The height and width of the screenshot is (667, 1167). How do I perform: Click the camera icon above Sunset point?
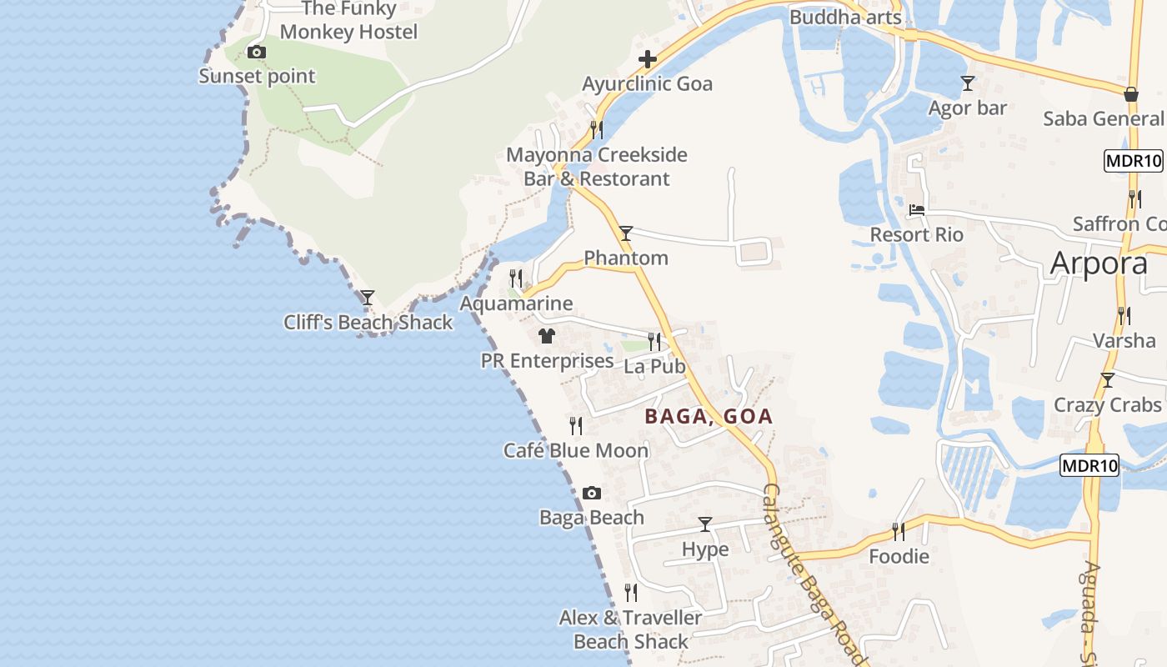pos(257,53)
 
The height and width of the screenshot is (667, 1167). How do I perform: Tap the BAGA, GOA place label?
pos(709,416)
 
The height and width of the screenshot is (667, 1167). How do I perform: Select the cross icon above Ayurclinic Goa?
pos(647,59)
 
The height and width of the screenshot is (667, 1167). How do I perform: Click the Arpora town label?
pos(1099,263)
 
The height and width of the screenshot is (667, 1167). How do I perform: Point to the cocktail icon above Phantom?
pos(625,233)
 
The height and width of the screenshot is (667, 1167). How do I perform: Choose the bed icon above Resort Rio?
pos(917,210)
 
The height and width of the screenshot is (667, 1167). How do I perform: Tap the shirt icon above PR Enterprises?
pos(546,336)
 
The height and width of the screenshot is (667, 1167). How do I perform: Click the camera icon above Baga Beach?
pos(591,493)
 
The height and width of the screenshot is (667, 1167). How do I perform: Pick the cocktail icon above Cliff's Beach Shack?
pos(367,298)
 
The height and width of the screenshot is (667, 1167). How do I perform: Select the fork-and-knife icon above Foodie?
pos(898,531)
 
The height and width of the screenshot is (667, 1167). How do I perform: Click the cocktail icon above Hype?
pos(705,524)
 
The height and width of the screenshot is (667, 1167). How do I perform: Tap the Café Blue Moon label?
pos(575,450)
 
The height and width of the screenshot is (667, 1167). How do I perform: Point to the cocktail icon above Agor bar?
pos(967,83)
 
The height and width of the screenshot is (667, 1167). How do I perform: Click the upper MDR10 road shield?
pos(1133,161)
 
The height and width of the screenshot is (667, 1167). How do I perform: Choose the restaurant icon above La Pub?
pos(654,341)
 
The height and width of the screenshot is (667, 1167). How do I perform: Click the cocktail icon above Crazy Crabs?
pos(1107,380)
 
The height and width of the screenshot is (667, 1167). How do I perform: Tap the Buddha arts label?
pos(845,18)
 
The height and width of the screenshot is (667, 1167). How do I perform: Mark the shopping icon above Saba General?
pos(1131,94)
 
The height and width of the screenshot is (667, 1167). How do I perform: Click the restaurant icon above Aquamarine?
pos(516,278)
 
